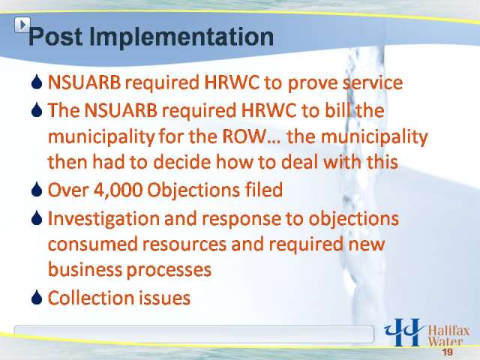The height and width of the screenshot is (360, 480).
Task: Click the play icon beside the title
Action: point(22,25)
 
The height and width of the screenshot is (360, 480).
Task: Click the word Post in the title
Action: point(55,37)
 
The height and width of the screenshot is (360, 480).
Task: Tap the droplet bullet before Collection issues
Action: point(37,297)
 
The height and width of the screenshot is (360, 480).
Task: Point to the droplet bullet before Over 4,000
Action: point(37,190)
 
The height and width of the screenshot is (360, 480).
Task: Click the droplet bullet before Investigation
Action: point(37,217)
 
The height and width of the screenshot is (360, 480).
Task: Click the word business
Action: point(85,270)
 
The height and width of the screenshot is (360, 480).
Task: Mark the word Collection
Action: point(91,297)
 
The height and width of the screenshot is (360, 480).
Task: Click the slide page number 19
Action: point(448,352)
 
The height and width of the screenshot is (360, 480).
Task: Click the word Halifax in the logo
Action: point(448,331)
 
